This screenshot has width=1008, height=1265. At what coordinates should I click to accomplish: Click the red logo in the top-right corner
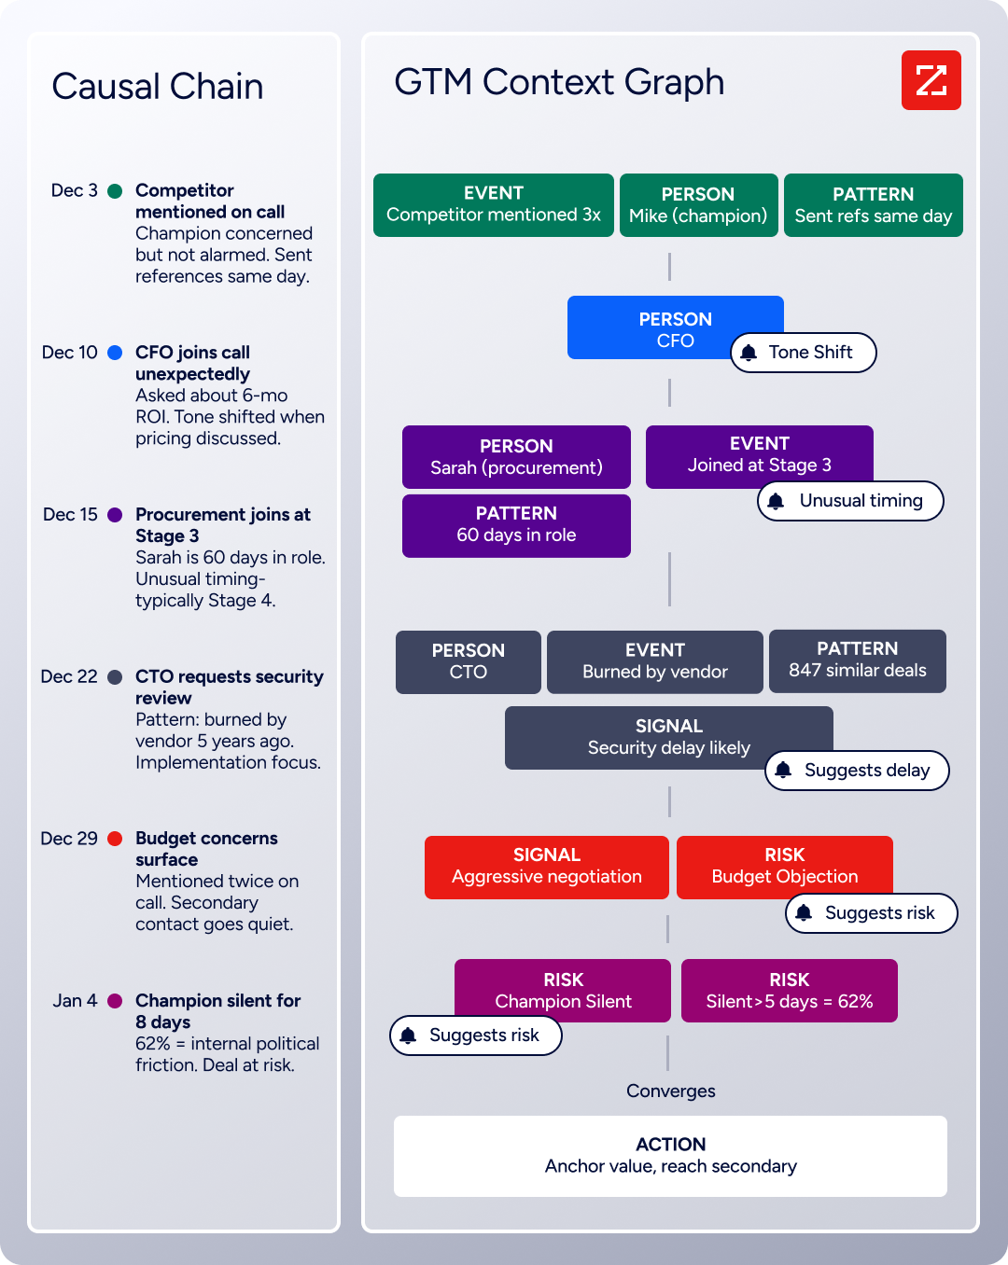[931, 80]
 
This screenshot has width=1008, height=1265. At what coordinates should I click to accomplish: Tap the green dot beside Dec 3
[115, 191]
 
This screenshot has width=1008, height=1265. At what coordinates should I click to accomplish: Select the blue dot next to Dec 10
[115, 353]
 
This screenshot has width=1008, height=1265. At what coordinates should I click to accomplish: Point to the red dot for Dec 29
[115, 839]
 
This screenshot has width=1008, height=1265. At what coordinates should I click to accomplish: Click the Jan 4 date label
[75, 1001]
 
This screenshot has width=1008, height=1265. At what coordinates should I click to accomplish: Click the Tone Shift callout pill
[803, 353]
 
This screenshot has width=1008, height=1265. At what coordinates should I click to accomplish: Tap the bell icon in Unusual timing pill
[776, 501]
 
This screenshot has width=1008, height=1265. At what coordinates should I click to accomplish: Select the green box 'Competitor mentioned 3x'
[493, 205]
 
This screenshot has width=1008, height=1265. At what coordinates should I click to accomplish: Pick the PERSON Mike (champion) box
[698, 205]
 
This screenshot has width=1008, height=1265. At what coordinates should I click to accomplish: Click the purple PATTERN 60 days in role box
[516, 525]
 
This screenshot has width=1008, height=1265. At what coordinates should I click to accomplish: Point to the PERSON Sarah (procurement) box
[516, 457]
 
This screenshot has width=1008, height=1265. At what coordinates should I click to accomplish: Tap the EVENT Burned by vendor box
[654, 661]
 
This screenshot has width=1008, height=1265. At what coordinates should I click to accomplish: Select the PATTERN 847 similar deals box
[857, 660]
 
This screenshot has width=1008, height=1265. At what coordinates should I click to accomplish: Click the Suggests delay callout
[857, 771]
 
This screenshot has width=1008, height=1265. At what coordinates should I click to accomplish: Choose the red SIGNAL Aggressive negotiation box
[546, 867]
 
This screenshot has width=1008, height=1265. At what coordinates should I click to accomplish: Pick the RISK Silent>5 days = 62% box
[789, 991]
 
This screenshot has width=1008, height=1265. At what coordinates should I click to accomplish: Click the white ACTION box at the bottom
[670, 1156]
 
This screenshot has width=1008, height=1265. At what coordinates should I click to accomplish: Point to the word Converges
[670, 1091]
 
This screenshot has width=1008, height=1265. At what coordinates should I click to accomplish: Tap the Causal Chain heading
[158, 87]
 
